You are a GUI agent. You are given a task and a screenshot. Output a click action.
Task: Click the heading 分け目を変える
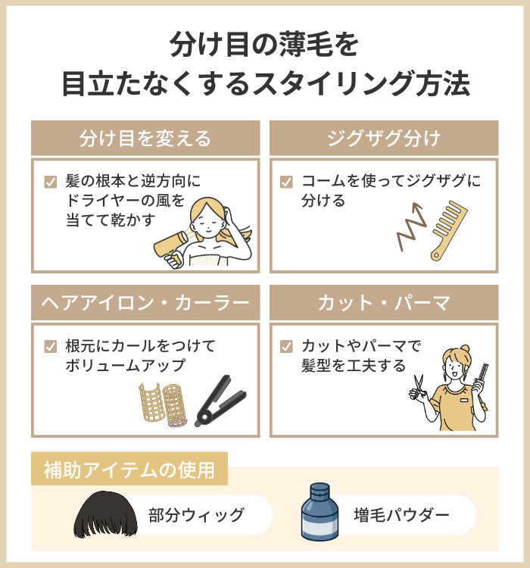pos(145,139)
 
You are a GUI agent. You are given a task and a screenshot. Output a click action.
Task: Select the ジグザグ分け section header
pos(384,139)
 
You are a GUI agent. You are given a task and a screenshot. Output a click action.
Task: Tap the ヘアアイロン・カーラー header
pos(145,304)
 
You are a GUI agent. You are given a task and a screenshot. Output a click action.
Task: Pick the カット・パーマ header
pos(384,304)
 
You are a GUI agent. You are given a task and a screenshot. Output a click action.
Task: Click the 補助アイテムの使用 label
pos(129,470)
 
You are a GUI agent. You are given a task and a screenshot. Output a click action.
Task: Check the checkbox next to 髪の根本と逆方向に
pos(51,182)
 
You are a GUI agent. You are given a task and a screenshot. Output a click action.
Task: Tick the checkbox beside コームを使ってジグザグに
pos(286,182)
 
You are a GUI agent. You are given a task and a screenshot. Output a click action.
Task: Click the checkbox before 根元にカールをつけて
pos(51,347)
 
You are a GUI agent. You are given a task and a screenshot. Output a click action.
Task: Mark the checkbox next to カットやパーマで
pos(286,347)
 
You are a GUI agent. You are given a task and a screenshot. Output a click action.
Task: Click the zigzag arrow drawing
pos(410,226)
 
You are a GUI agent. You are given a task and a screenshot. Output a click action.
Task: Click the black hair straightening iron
pos(220,401)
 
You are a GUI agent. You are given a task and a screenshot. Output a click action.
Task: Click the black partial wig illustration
pos(103,515)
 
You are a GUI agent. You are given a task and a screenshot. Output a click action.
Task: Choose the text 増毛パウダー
pos(401,516)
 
